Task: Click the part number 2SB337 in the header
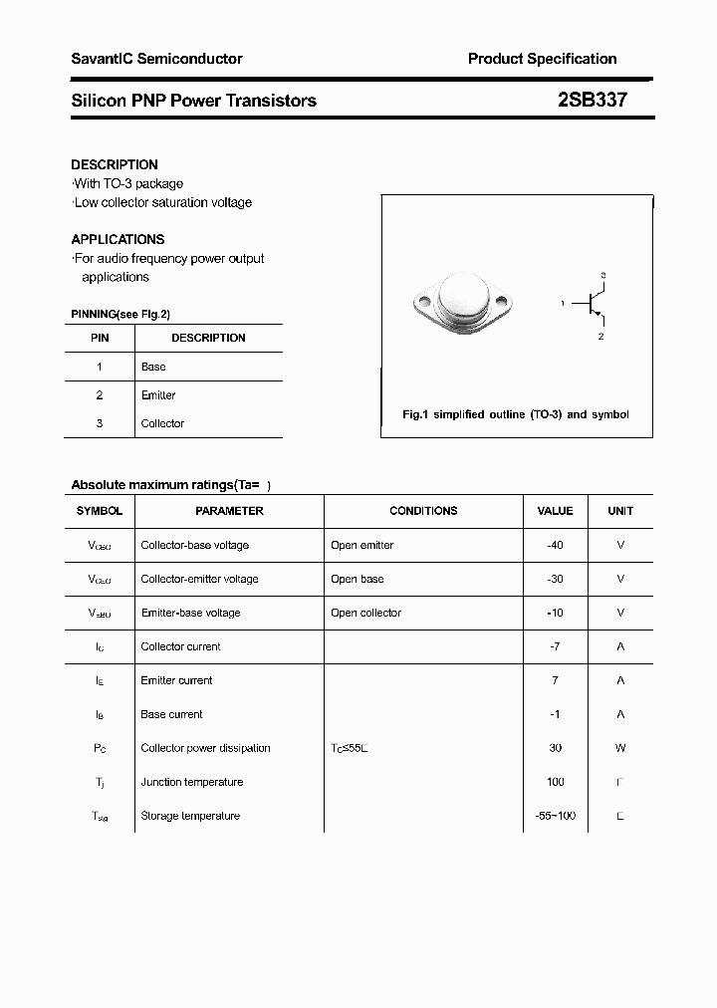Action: (592, 100)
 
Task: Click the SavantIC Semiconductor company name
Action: (156, 59)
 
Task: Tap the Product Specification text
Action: (542, 59)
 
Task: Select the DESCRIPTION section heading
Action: (115, 164)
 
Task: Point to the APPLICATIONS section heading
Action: (118, 239)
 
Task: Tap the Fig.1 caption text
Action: (515, 414)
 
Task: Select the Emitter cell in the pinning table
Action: (158, 395)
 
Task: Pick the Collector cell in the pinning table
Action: (162, 423)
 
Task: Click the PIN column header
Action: (100, 338)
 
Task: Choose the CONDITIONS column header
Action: (423, 511)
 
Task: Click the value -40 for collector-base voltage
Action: (555, 545)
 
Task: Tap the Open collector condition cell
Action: (365, 613)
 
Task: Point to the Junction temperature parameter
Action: (191, 782)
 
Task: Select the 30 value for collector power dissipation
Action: (555, 748)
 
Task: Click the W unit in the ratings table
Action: (620, 748)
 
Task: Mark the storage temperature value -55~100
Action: (555, 816)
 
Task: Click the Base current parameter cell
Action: (171, 714)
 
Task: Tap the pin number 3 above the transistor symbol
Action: (603, 274)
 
